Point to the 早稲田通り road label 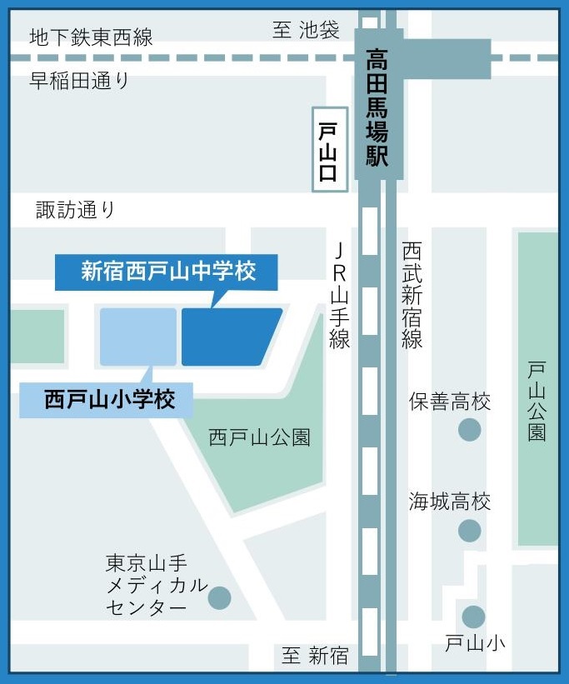click(80, 81)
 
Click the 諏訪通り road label click(75, 209)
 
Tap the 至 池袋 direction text click(307, 31)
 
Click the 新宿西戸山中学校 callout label click(167, 272)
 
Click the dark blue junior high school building click(229, 337)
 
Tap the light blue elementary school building click(138, 337)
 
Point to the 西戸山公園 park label click(259, 437)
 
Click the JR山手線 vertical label click(339, 296)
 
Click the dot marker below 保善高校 click(470, 430)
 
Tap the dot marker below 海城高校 click(470, 530)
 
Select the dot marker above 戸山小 click(473, 617)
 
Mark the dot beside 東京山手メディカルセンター click(219, 597)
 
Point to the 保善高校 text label click(449, 402)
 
